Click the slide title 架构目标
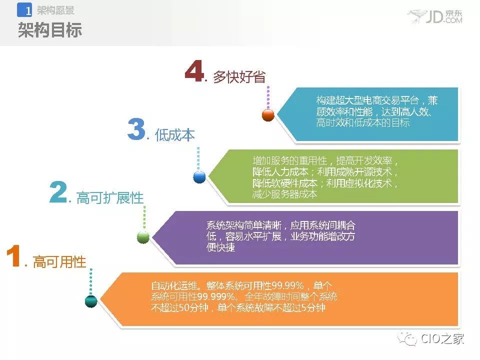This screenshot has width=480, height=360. coord(50,30)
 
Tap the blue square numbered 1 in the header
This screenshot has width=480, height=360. coord(24,10)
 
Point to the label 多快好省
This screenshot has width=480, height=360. coord(239,76)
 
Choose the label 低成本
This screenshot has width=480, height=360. coord(175,134)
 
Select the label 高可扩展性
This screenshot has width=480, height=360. coord(110,198)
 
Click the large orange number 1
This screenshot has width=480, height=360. coord(14,255)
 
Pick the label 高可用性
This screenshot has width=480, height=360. coord(59,261)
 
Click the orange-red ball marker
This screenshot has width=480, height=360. coord(268,115)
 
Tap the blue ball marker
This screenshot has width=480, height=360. coord(199,177)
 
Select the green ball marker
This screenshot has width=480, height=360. coord(143,237)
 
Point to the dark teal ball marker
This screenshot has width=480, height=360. coord(91,301)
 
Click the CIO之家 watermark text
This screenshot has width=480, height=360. coord(442,338)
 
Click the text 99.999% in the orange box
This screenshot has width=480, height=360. coord(216,296)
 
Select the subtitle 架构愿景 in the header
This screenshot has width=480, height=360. coord(55,10)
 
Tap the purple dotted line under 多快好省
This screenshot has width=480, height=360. coord(268,97)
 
